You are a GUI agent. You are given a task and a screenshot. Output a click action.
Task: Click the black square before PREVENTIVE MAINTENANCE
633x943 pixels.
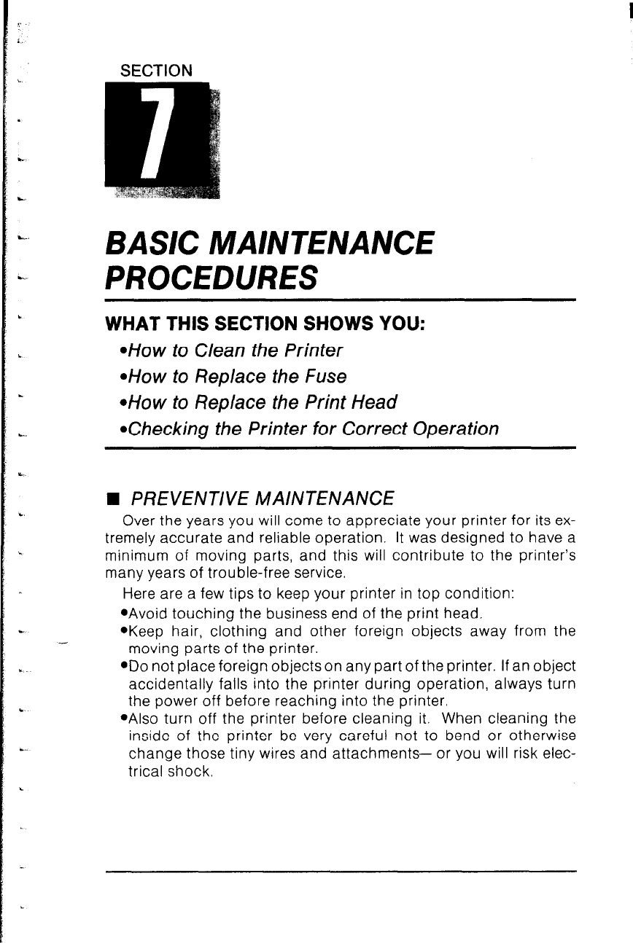(x=112, y=499)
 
